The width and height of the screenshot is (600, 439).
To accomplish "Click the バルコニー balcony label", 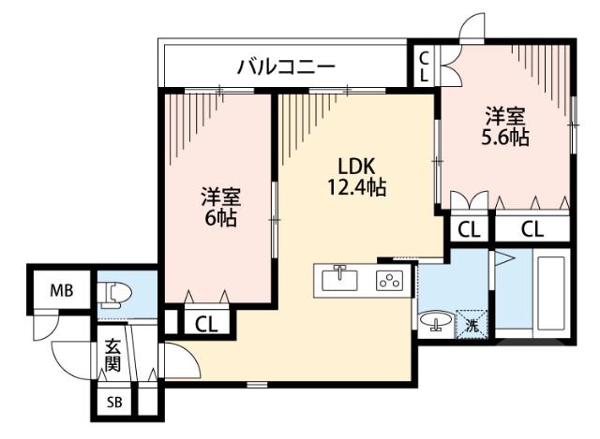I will click(x=286, y=66).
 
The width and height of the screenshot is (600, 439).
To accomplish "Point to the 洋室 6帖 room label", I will click(x=221, y=208).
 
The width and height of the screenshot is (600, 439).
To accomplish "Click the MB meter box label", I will click(x=62, y=289).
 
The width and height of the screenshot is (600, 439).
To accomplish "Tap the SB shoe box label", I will click(x=113, y=404).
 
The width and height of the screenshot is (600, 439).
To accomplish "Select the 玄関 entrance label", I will click(x=112, y=356).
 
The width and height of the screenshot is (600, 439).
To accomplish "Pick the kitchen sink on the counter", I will click(x=339, y=279).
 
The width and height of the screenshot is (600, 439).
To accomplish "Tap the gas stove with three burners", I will click(x=388, y=280).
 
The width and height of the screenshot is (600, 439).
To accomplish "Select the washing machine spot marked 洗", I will click(x=472, y=325).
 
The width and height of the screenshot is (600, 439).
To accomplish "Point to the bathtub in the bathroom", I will click(x=548, y=295).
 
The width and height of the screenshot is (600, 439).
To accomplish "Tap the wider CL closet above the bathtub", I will click(x=532, y=227).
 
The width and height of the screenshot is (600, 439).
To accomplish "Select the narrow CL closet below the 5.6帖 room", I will click(x=469, y=227).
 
